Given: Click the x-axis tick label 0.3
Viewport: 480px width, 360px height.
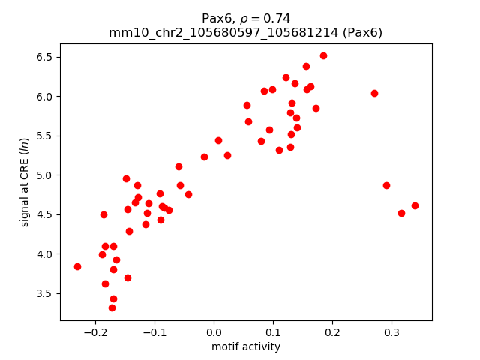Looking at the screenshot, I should (391, 332).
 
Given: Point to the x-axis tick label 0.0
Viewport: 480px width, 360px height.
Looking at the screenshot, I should (214, 332).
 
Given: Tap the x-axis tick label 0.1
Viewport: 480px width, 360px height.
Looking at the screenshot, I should (273, 332).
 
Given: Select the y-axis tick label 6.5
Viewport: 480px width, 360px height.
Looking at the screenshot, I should (45, 57).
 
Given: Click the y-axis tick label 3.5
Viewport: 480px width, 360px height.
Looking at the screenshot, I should (45, 293).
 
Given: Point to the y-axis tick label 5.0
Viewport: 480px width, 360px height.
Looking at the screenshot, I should (45, 175).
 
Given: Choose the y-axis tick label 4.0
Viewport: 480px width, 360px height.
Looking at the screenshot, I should (45, 254).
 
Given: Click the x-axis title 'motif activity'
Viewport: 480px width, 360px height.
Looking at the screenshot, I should (246, 346).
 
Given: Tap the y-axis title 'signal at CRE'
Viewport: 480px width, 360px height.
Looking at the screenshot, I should (24, 182).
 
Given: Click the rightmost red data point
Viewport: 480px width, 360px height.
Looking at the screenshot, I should (415, 205).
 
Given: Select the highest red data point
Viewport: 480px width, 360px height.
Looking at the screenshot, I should (323, 55).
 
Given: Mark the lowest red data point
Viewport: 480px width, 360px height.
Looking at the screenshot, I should (112, 307).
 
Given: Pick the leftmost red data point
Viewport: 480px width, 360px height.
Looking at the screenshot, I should (77, 266).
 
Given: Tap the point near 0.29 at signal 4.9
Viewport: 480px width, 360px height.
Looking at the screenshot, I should (386, 185).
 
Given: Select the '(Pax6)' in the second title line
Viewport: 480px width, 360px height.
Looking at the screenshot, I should (364, 32).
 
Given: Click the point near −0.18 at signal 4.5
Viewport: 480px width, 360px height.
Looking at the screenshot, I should (103, 214).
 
